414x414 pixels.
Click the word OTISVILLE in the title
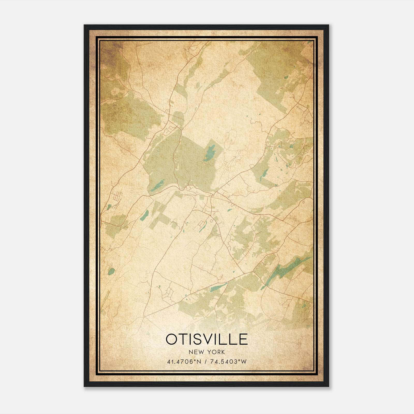pyautogui.click(x=207, y=339)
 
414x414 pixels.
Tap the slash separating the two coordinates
pyautogui.click(x=205, y=361)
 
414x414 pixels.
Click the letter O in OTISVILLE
pyautogui.click(x=172, y=339)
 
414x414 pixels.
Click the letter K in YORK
pyautogui.click(x=223, y=352)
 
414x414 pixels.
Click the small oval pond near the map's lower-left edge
pyautogui.click(x=112, y=271)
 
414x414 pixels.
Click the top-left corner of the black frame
pyautogui.click(x=84, y=25)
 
